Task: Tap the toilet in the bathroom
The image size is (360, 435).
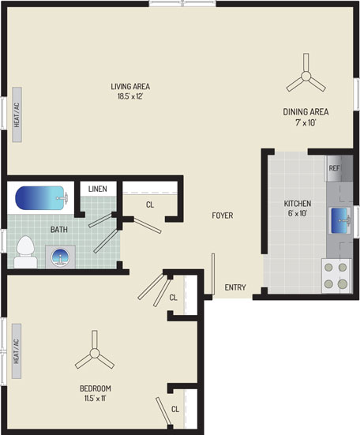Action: (25, 252)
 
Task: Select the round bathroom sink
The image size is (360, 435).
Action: (60, 257)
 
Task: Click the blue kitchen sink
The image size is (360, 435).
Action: (339, 221)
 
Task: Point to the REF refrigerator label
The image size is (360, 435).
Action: (334, 168)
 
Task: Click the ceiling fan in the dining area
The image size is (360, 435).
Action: (306, 75)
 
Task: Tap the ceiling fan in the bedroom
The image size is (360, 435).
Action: (95, 352)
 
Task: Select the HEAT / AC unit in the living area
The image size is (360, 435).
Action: (17, 114)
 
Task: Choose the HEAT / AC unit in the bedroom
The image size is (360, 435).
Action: (17, 351)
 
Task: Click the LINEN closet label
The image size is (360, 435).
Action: (98, 189)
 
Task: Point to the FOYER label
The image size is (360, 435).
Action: (223, 216)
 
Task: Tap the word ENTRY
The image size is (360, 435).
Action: (235, 287)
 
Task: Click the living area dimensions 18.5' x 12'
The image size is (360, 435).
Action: (130, 96)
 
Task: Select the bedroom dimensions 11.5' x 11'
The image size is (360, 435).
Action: (96, 399)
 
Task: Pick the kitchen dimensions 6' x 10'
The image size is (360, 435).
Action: (298, 213)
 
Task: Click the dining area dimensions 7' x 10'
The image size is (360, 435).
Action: (306, 122)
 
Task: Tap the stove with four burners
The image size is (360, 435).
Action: (336, 276)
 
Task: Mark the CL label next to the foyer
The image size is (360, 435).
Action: (150, 204)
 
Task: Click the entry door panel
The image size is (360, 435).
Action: (213, 274)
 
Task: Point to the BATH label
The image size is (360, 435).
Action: (59, 230)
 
